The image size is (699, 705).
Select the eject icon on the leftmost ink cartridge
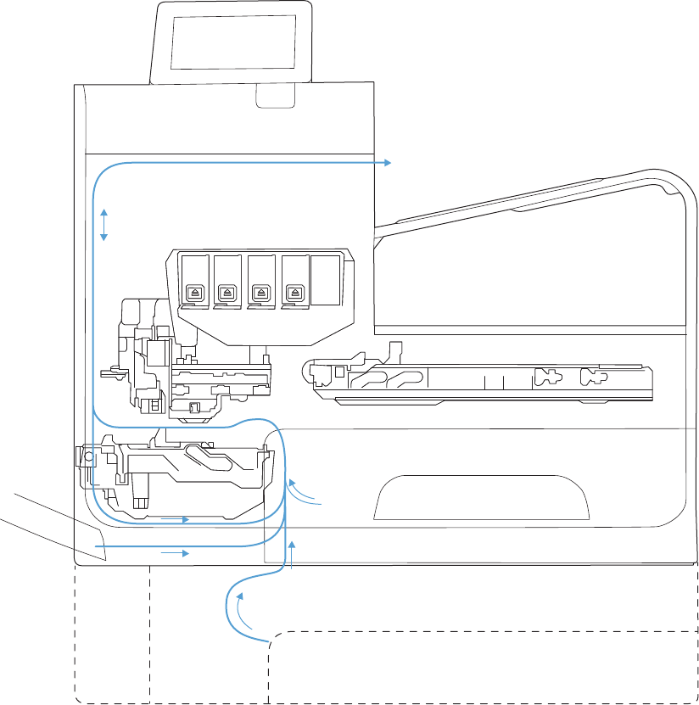[x=193, y=291]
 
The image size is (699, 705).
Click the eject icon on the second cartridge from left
[x=226, y=291]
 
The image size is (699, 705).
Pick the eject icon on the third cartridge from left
[x=260, y=291]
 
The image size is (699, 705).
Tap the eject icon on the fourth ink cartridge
[x=294, y=291]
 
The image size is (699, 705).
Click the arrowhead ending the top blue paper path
[x=387, y=162]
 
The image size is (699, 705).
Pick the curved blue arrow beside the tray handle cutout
[x=301, y=491]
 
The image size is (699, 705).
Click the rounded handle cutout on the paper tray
[x=481, y=497]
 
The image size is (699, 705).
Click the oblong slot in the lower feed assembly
[x=204, y=456]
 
